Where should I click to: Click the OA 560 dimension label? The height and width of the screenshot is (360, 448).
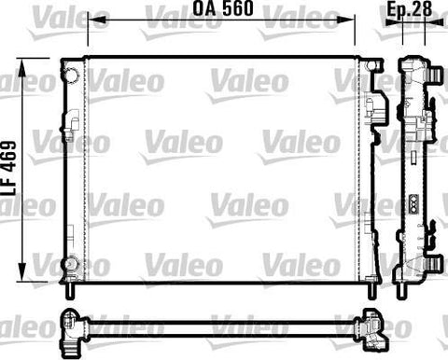tap(223, 8)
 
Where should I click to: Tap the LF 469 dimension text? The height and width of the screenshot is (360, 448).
tap(8, 168)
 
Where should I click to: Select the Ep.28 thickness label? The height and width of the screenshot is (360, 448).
tap(410, 8)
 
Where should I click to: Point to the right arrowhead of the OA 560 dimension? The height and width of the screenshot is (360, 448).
tap(344, 20)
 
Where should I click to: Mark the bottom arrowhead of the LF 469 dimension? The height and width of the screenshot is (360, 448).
tap(21, 271)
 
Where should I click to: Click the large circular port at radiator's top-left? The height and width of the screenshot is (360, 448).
tap(73, 75)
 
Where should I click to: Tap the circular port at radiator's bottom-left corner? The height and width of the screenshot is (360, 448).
tap(71, 264)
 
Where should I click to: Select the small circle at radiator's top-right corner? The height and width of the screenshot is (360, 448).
tap(371, 65)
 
